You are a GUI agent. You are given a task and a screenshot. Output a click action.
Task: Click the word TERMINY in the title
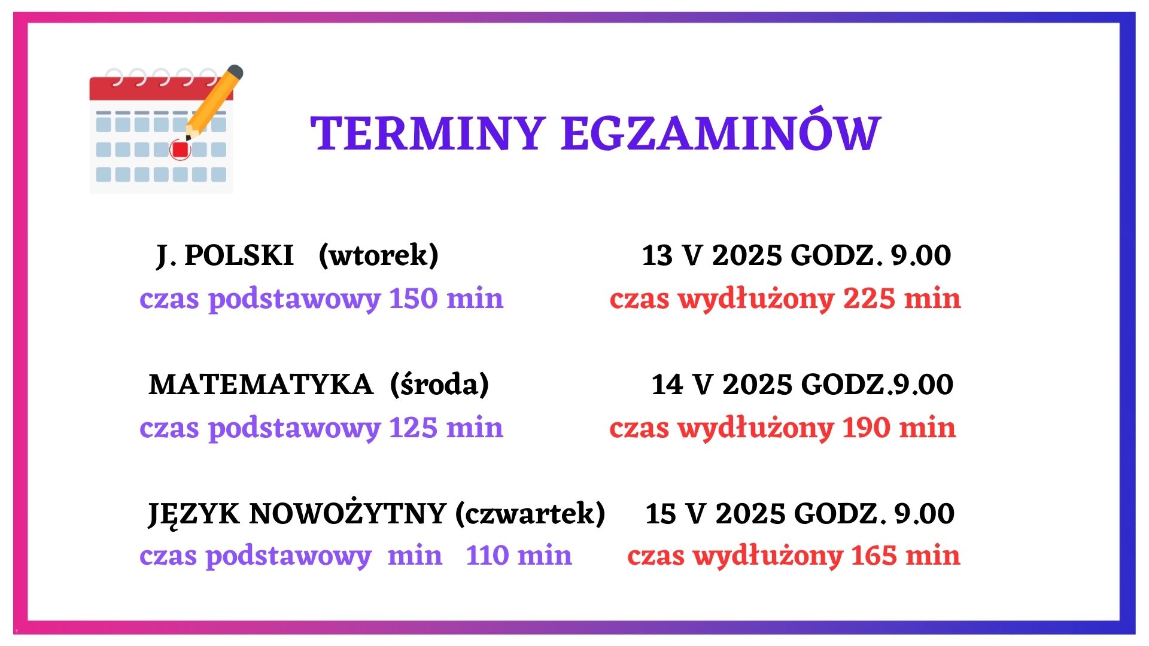[427, 133]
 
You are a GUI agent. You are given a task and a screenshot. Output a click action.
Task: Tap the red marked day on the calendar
[180, 149]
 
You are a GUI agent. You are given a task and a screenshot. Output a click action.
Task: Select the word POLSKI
[239, 255]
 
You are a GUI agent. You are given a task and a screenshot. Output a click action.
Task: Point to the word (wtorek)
[379, 256]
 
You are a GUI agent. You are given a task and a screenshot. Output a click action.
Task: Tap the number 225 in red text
[869, 298]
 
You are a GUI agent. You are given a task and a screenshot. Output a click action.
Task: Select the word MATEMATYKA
[261, 385]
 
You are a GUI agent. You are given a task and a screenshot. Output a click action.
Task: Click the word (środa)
[439, 384]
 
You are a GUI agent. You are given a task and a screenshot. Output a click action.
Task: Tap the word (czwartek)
[530, 513]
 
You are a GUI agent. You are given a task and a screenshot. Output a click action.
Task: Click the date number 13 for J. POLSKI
[657, 256]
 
